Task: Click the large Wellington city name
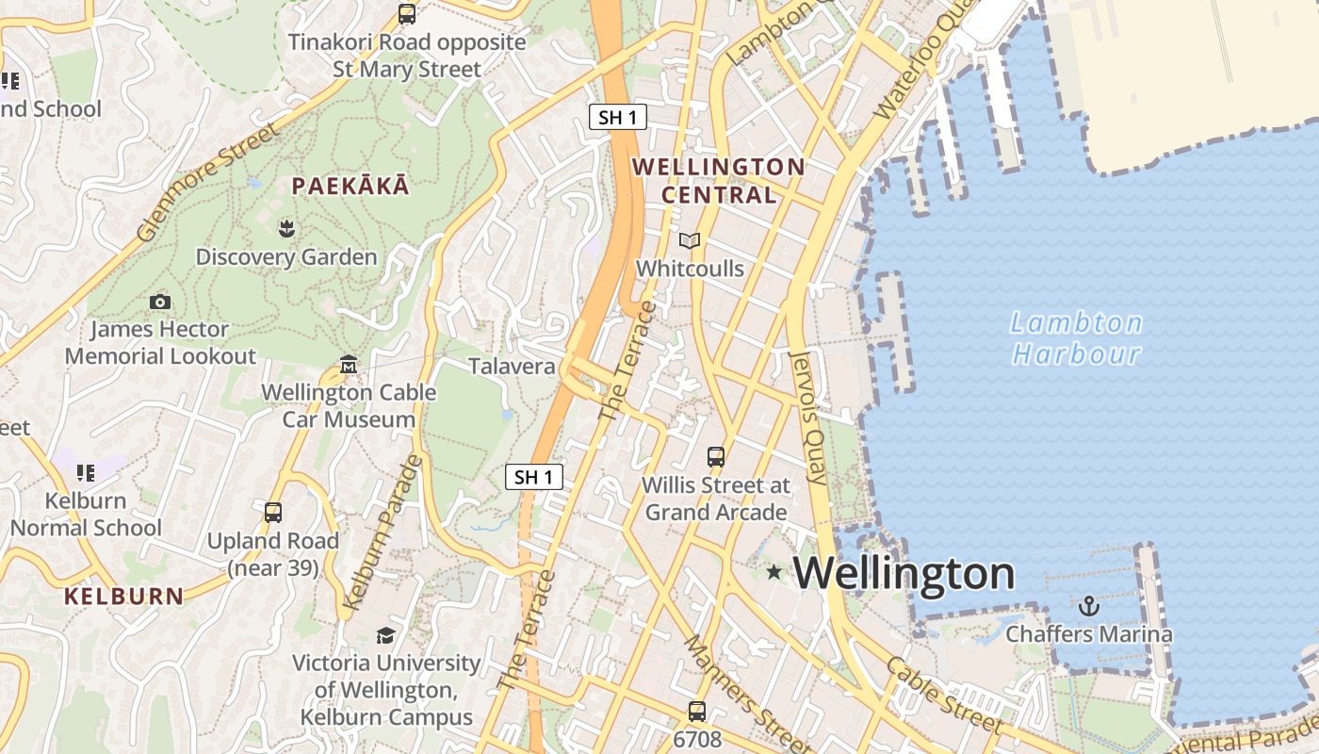[905, 573]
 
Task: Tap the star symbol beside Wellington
[774, 571]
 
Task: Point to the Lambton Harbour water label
[1076, 338]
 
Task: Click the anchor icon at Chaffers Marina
[1089, 604]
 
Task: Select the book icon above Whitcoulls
[690, 241]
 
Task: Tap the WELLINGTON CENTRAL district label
[718, 181]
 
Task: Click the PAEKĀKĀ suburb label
[350, 186]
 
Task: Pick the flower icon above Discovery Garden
[286, 227]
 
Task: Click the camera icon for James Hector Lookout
[160, 302]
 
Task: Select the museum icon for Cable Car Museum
[349, 364]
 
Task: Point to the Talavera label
[512, 366]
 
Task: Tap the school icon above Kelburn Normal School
[86, 472]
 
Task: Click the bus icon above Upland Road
[273, 513]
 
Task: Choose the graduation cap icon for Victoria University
[385, 634]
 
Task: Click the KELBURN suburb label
[123, 596]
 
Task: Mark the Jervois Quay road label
[809, 418]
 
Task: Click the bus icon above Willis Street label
[716, 457]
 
